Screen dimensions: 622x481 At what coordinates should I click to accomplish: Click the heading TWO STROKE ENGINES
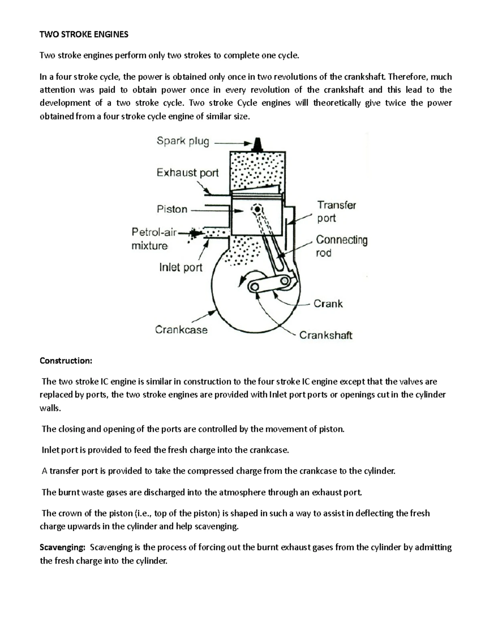tap(84, 34)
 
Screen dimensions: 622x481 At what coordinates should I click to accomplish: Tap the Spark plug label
tap(183, 141)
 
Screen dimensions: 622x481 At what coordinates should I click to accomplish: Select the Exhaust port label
tap(187, 173)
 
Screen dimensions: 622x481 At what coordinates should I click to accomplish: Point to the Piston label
tap(172, 209)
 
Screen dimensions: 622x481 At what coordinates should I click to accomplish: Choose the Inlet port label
tap(181, 267)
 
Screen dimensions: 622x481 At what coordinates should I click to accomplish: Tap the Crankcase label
tap(181, 330)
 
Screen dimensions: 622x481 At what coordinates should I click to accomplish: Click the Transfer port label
tap(336, 211)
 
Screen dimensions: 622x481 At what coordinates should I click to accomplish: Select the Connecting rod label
tap(342, 246)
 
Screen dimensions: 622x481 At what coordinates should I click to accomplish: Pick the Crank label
tap(328, 304)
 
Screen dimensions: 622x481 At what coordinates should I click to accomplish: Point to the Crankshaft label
tap(325, 335)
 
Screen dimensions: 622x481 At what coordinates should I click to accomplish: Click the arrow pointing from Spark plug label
tap(232, 143)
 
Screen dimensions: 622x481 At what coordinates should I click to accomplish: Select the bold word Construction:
tap(66, 360)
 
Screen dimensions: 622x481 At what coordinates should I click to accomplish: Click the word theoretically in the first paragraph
tap(337, 103)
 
